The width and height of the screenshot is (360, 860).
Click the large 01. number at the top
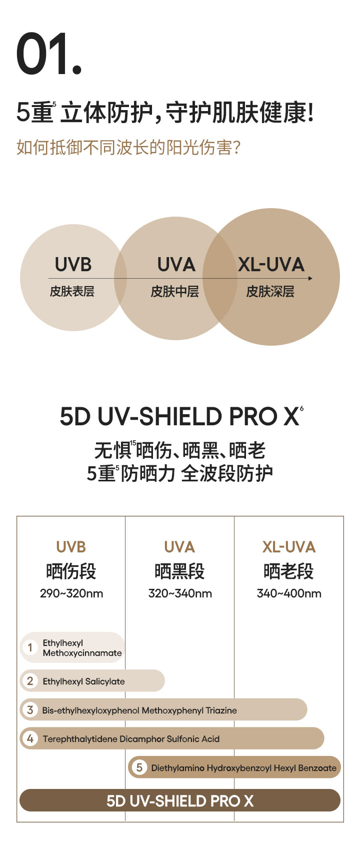point(48,54)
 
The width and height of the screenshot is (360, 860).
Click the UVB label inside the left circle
point(73,265)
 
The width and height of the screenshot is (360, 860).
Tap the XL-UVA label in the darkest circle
point(271,265)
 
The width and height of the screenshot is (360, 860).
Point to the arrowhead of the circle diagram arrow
point(310,278)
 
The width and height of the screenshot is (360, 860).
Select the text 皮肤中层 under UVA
point(175,292)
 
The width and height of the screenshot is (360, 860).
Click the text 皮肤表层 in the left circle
point(72,292)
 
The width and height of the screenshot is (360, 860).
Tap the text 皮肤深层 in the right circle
point(270,292)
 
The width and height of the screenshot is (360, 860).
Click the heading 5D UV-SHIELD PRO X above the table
point(179,417)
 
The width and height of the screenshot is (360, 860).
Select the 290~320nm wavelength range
point(71,594)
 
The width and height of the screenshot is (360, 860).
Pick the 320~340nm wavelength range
point(180,594)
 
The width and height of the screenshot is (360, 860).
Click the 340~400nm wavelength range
point(289,594)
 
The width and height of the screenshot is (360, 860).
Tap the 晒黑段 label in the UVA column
point(179,571)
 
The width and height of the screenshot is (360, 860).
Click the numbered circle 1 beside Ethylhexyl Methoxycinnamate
point(30,647)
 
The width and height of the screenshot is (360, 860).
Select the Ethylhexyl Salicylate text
point(83,681)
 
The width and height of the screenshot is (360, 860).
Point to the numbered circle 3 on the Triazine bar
point(30,710)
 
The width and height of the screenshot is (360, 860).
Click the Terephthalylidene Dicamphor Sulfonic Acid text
point(131,739)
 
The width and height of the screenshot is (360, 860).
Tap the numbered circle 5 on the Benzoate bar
point(139,767)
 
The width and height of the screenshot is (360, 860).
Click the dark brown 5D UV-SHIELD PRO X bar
point(180,800)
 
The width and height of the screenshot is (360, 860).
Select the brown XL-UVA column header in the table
point(289,547)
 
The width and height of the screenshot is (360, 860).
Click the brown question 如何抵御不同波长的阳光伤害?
point(128,148)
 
